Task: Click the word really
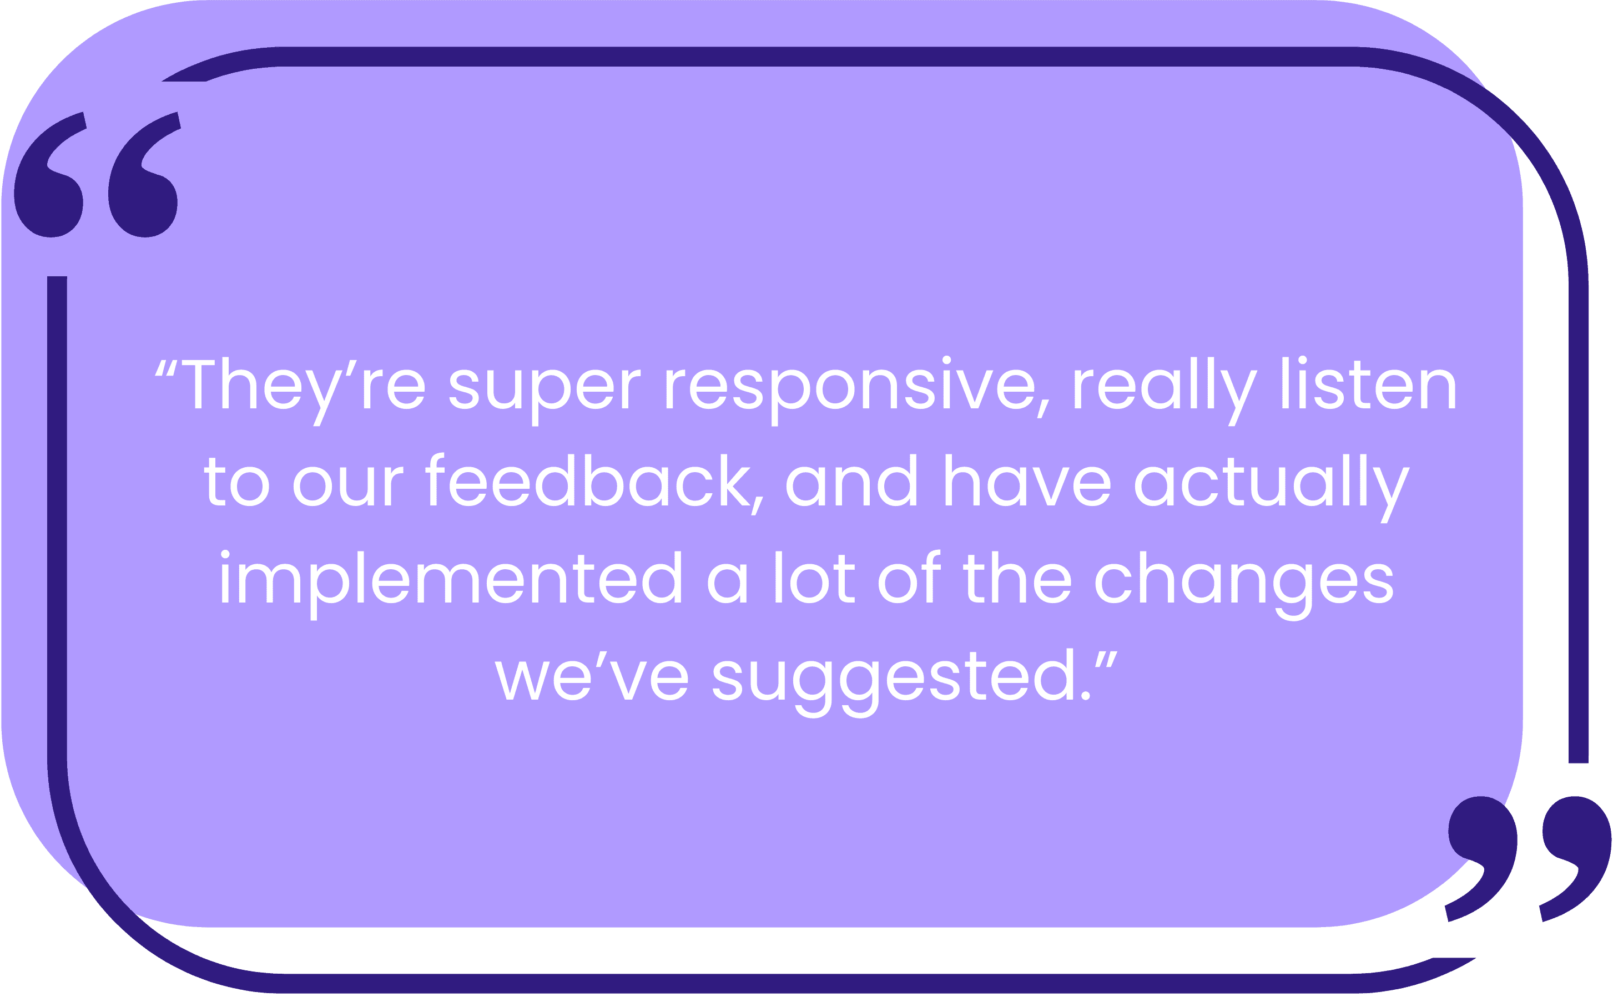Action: tap(1165, 389)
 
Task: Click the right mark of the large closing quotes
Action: tap(1577, 851)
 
